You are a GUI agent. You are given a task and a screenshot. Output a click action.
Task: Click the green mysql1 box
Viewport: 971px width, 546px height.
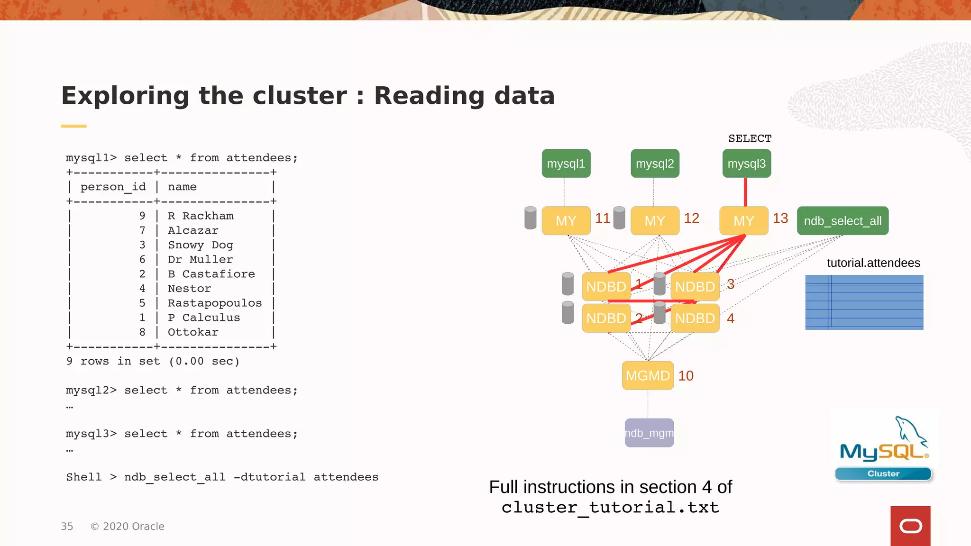tap(566, 164)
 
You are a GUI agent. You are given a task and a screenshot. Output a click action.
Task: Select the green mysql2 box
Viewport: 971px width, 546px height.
tap(655, 164)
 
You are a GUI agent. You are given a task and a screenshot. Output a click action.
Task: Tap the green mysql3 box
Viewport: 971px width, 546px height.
tap(746, 164)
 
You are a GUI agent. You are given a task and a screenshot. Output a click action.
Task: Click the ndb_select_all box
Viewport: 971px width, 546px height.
tap(843, 221)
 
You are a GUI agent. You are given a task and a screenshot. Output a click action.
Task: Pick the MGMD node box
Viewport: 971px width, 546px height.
tap(648, 375)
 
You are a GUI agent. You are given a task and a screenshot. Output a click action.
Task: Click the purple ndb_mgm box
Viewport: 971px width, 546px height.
tap(649, 433)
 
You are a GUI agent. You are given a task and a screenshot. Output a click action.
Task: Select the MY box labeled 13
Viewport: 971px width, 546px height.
tap(743, 221)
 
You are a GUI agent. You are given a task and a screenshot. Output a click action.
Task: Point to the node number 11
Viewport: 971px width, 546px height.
tap(603, 218)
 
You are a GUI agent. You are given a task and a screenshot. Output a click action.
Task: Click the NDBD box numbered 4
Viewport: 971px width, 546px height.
tap(695, 318)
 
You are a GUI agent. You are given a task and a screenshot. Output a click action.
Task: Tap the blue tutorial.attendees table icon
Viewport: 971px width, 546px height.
tap(864, 302)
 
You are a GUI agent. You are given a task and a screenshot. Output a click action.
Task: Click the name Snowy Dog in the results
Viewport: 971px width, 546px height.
tap(200, 245)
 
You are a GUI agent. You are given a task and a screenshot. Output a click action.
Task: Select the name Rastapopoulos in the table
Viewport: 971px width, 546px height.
tap(214, 303)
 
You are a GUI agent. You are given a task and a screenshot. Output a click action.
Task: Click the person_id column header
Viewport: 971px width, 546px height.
tap(113, 187)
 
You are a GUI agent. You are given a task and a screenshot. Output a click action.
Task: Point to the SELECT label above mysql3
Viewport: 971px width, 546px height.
tap(750, 138)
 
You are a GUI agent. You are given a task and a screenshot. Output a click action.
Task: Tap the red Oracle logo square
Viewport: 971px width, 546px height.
tap(910, 526)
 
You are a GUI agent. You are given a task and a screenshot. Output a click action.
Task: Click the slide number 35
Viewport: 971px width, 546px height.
tap(67, 527)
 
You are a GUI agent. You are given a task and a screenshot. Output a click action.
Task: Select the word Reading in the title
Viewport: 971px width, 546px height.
tap(429, 96)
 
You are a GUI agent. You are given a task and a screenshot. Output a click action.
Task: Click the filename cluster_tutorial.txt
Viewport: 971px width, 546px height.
tap(610, 508)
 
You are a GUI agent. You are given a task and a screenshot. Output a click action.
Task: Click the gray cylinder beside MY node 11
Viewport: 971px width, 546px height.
tap(531, 218)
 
